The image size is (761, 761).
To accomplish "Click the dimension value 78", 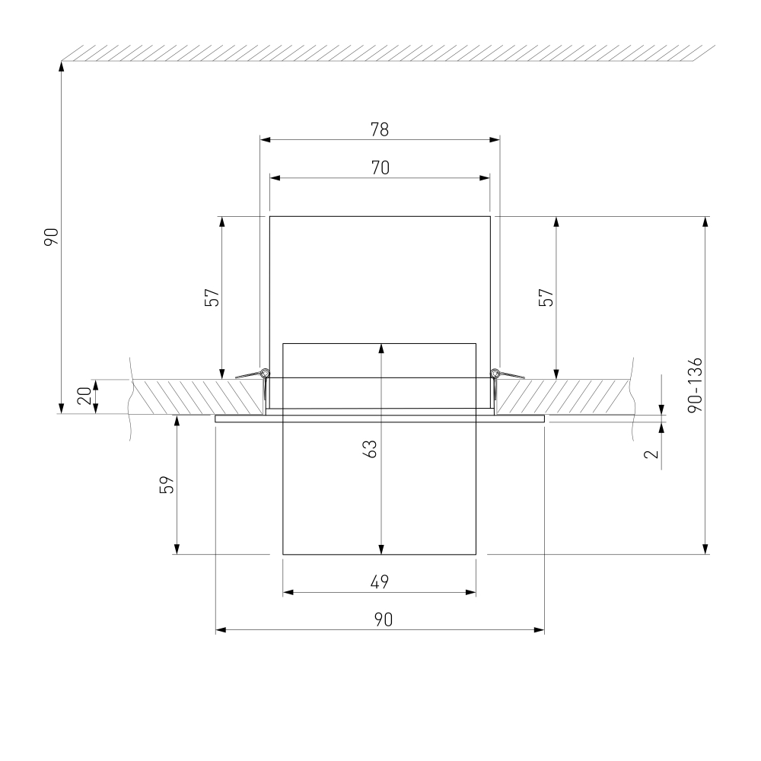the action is point(380,129).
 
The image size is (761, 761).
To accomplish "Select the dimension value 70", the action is point(380,168).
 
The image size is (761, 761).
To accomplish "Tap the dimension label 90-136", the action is point(695,385).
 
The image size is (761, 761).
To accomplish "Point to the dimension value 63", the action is point(370,449).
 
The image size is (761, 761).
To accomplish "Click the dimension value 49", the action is point(380,581).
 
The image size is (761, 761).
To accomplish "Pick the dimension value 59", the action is point(167,485).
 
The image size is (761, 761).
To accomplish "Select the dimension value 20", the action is point(84,396).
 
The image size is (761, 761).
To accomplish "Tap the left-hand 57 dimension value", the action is point(212,298).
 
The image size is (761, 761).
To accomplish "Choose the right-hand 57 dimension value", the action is point(546,298).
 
